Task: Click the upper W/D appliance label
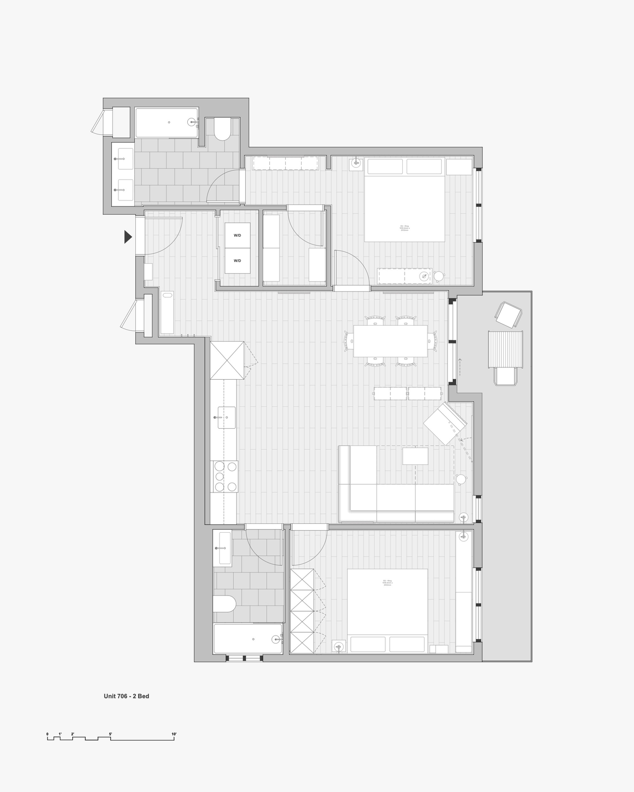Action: [237, 235]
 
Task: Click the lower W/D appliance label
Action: [237, 261]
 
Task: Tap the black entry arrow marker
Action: [128, 237]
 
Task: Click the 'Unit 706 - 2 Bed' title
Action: [126, 696]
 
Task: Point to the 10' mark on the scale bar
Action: [174, 734]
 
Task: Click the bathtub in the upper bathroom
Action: [167, 123]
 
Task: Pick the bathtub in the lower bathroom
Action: [248, 639]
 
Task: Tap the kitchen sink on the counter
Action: [226, 417]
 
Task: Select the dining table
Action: [390, 341]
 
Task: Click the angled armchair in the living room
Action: [445, 423]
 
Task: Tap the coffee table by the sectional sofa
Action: [415, 455]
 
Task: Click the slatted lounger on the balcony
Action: [506, 349]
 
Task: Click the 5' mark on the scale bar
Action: [110, 734]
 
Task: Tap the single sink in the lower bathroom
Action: [222, 548]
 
